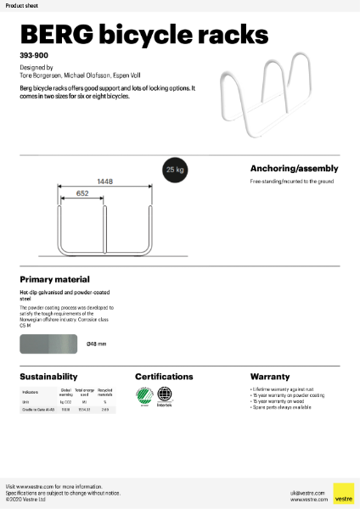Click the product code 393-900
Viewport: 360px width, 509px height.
tap(32, 54)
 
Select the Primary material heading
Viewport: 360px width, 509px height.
tap(54, 278)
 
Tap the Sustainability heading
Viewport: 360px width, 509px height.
tap(48, 376)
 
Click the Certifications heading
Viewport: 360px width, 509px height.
tap(167, 376)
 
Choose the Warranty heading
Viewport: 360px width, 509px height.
tap(270, 376)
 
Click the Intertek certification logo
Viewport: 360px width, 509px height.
tap(165, 395)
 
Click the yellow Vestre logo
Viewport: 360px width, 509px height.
tap(343, 494)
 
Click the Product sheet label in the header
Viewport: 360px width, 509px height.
tap(21, 4)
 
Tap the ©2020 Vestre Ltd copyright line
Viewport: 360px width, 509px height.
tap(26, 500)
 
